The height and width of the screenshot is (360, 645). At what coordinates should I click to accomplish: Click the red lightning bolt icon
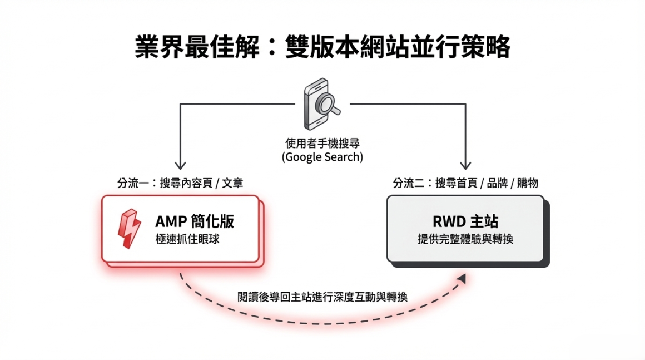point(129,229)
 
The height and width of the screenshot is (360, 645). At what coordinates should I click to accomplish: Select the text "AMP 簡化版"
point(195,221)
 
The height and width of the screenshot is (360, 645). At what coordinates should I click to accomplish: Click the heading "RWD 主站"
point(465,221)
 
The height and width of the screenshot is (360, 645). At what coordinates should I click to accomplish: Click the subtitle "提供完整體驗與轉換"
point(465,239)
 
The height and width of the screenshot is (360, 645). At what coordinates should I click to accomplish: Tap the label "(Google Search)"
point(322,157)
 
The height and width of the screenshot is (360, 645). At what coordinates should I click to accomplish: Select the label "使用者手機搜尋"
point(322,143)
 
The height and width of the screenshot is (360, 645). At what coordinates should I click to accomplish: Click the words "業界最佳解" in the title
point(196,47)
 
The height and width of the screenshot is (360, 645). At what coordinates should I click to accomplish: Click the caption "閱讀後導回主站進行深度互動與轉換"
point(322,296)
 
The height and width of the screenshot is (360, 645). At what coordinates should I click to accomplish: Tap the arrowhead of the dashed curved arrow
point(462,278)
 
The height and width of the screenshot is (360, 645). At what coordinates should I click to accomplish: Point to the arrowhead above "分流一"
point(180,165)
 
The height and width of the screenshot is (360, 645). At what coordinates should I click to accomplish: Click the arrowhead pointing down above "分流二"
point(465,165)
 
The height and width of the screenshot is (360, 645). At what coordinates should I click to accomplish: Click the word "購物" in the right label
point(528,183)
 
